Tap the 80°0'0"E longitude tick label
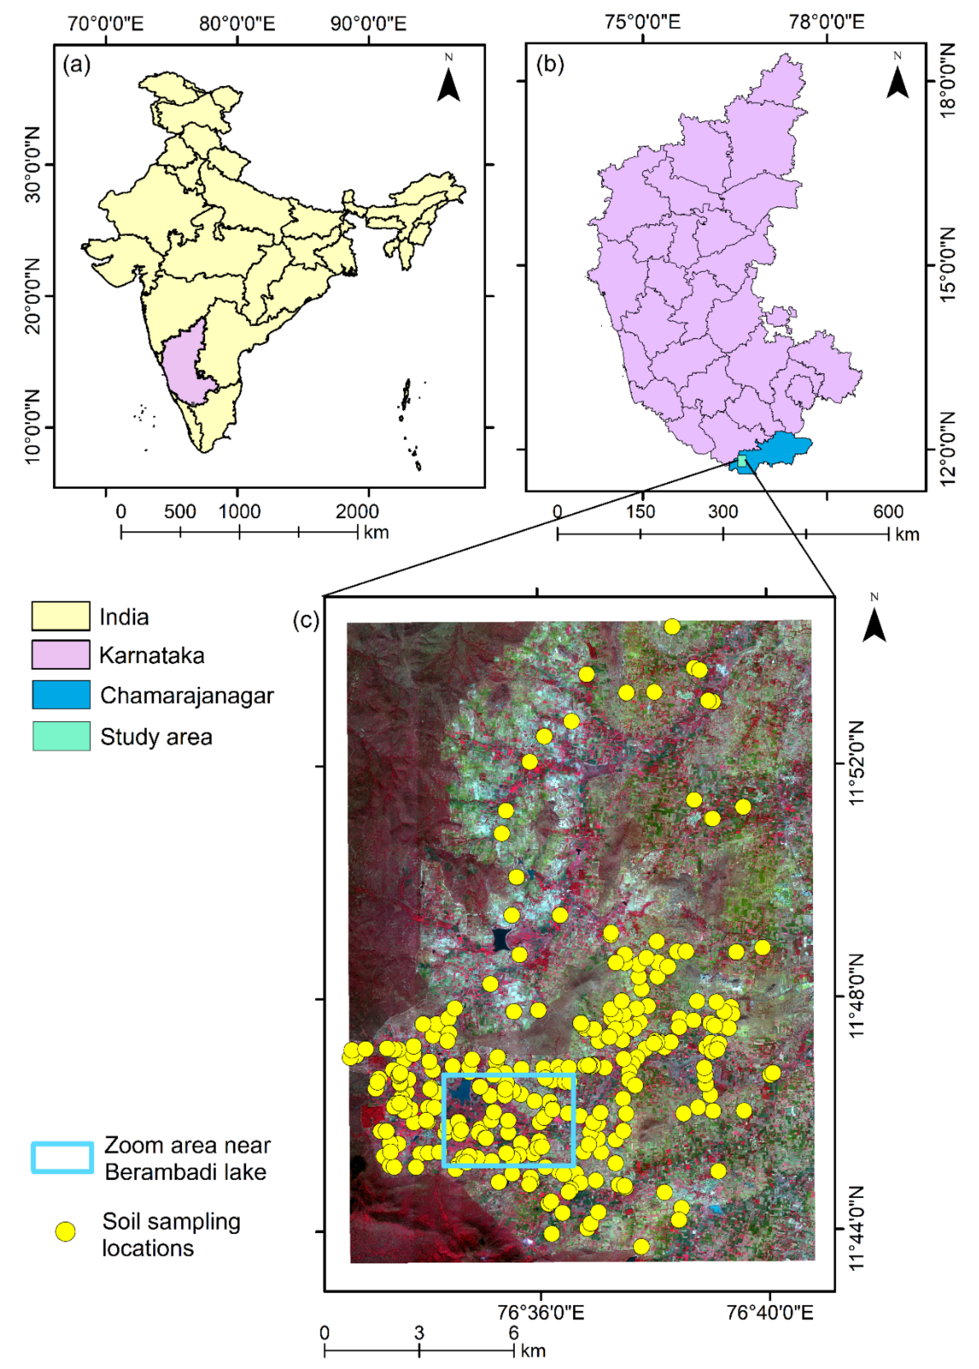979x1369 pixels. [237, 24]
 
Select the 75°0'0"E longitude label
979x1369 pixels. [643, 22]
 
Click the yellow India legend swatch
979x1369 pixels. [61, 616]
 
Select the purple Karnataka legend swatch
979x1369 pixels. [61, 655]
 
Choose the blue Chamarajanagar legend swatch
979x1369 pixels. [61, 695]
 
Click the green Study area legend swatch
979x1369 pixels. [61, 736]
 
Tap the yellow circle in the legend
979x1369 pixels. [65, 1232]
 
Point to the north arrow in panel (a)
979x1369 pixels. [449, 81]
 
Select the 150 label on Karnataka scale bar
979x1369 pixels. [640, 512]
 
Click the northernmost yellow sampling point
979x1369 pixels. [672, 627]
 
